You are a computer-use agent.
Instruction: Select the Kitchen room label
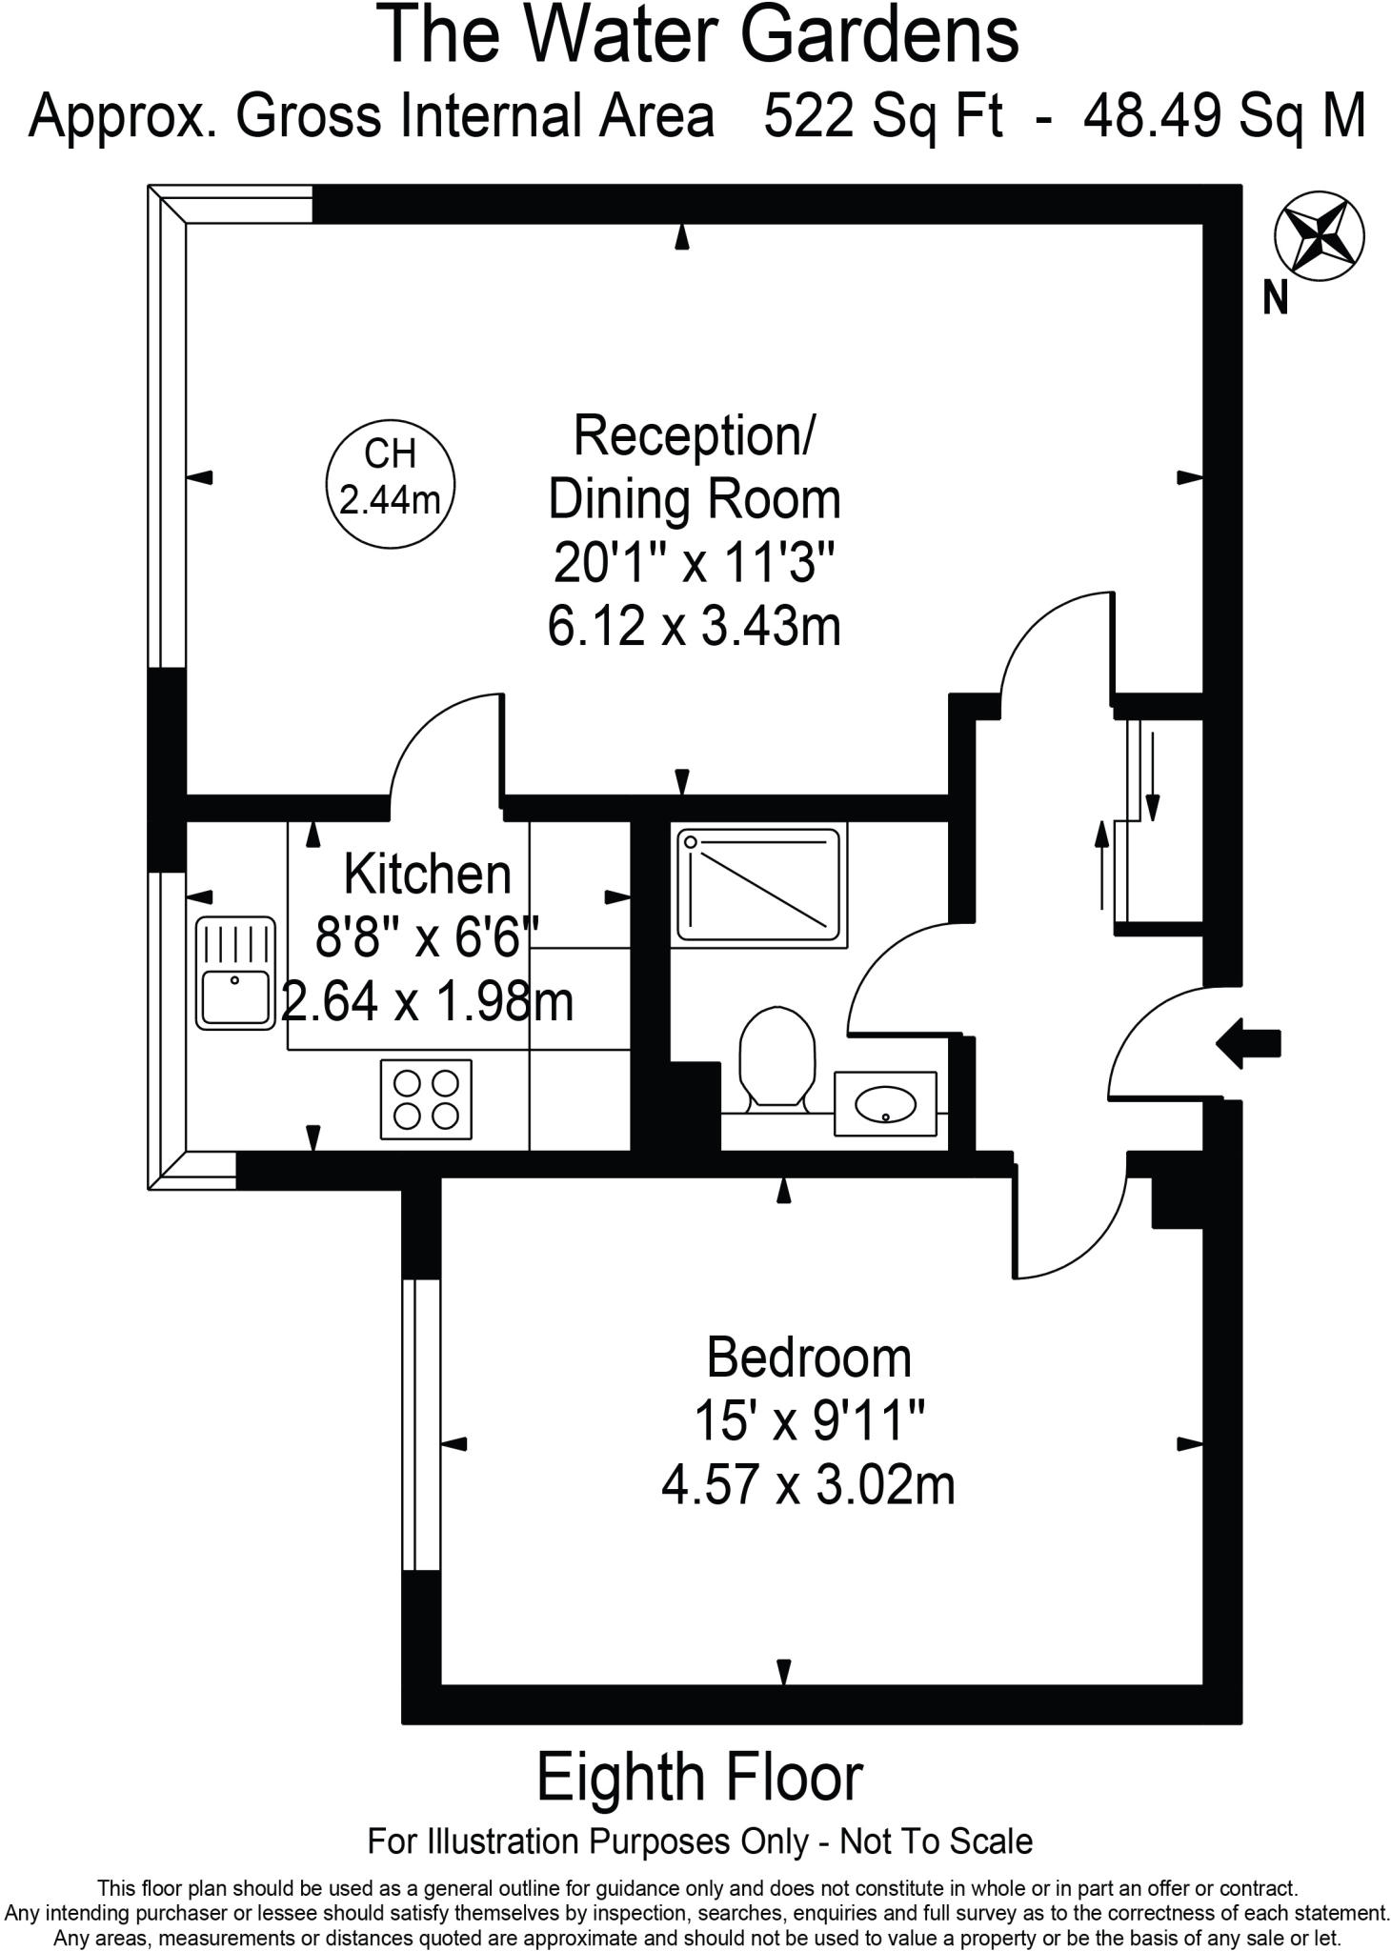427,875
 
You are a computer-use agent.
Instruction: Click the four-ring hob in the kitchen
426,1099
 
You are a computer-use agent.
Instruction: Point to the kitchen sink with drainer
234,973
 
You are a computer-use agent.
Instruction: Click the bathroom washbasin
885,1103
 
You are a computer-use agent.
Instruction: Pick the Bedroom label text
809,1358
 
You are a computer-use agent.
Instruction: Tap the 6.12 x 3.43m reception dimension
694,628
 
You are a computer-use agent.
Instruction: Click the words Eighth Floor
699,1779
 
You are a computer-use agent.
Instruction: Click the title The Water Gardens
700,35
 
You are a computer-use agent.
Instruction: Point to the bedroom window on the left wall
421,1423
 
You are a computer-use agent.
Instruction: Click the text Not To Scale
936,1841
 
